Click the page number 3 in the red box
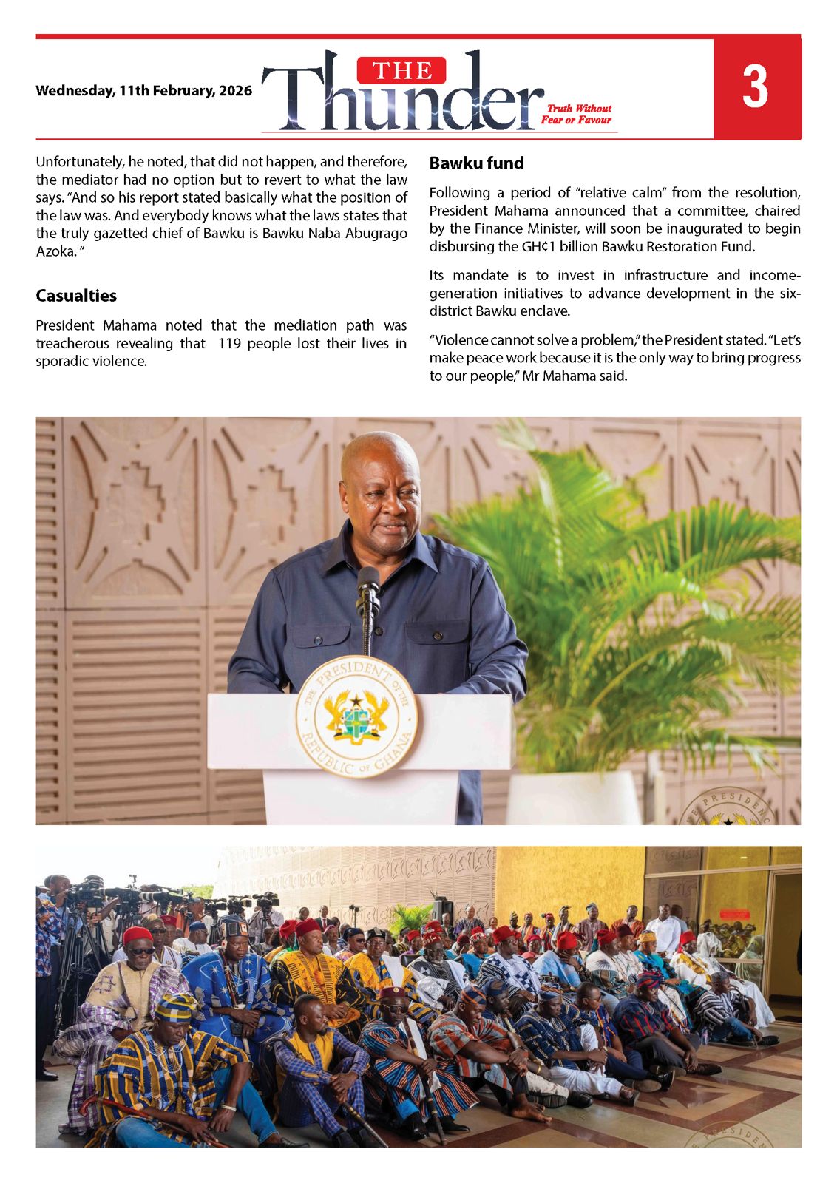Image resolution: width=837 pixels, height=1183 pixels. (755, 87)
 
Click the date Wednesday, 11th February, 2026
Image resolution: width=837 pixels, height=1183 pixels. (143, 91)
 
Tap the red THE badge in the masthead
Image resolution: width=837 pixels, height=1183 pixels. (401, 70)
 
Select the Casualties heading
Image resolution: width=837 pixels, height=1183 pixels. (76, 296)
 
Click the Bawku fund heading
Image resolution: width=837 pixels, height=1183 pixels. (476, 163)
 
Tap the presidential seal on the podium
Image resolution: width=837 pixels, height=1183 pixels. (356, 715)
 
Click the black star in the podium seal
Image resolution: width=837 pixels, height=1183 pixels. (356, 700)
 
